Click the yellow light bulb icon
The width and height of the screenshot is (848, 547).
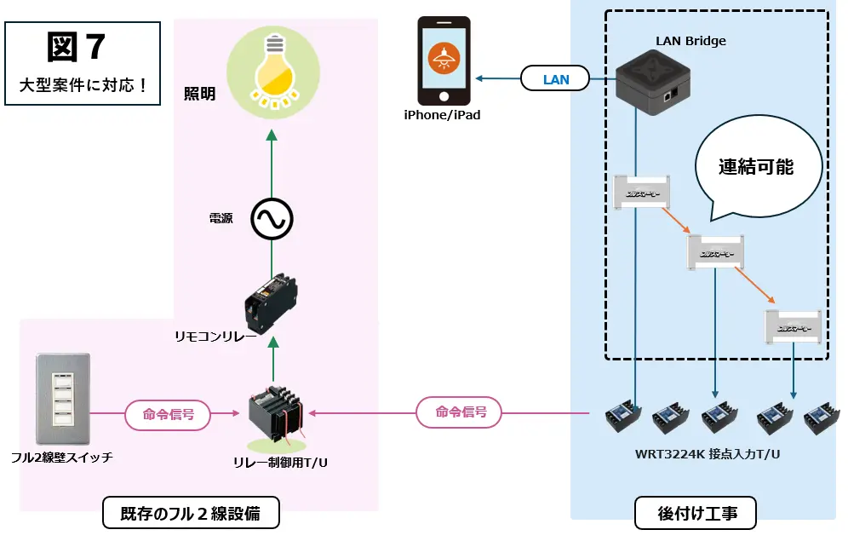pos(272,72)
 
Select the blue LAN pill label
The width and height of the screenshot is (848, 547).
pos(555,79)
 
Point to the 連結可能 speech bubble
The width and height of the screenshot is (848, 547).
pos(755,167)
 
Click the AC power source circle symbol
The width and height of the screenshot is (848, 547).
pos(272,221)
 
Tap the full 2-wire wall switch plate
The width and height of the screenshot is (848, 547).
pos(62,399)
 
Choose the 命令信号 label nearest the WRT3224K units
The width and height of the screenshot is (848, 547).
pos(460,412)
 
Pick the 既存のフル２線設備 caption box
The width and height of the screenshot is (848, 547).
pos(190,514)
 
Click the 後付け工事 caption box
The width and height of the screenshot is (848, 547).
pos(696,514)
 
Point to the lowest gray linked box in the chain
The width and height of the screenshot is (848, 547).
pos(793,327)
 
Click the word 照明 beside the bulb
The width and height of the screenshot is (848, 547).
pos(199,93)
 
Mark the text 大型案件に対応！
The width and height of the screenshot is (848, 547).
pos(83,85)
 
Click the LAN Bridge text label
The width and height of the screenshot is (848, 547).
pos(690,41)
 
